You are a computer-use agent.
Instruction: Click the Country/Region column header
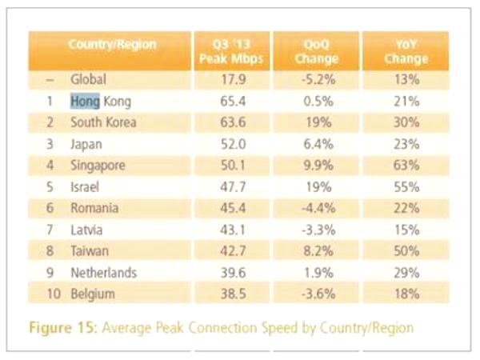coord(112,45)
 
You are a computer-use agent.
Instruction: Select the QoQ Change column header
coord(317,51)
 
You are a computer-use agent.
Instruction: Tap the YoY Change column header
coord(406,51)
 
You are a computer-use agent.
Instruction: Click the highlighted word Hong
coord(85,102)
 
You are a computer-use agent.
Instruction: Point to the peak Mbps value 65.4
coord(233,101)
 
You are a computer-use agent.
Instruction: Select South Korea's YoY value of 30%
coord(406,122)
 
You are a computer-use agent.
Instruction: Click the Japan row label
coord(86,145)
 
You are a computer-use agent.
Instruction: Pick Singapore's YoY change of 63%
coord(406,166)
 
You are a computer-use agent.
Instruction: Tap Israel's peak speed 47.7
coord(233,186)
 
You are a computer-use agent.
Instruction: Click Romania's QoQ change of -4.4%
coord(318,208)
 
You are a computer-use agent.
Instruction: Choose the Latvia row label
coord(86,230)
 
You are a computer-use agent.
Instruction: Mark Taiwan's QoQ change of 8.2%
coord(318,251)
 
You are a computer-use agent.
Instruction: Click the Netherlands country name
coord(103,273)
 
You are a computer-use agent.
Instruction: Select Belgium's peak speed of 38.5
coord(233,294)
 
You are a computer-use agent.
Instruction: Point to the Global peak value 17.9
coord(233,79)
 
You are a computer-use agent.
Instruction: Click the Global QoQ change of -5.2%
coord(318,79)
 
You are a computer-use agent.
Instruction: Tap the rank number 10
coord(54,294)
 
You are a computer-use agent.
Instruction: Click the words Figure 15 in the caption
coord(62,327)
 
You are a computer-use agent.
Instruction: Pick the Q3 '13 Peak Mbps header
coord(231,51)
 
